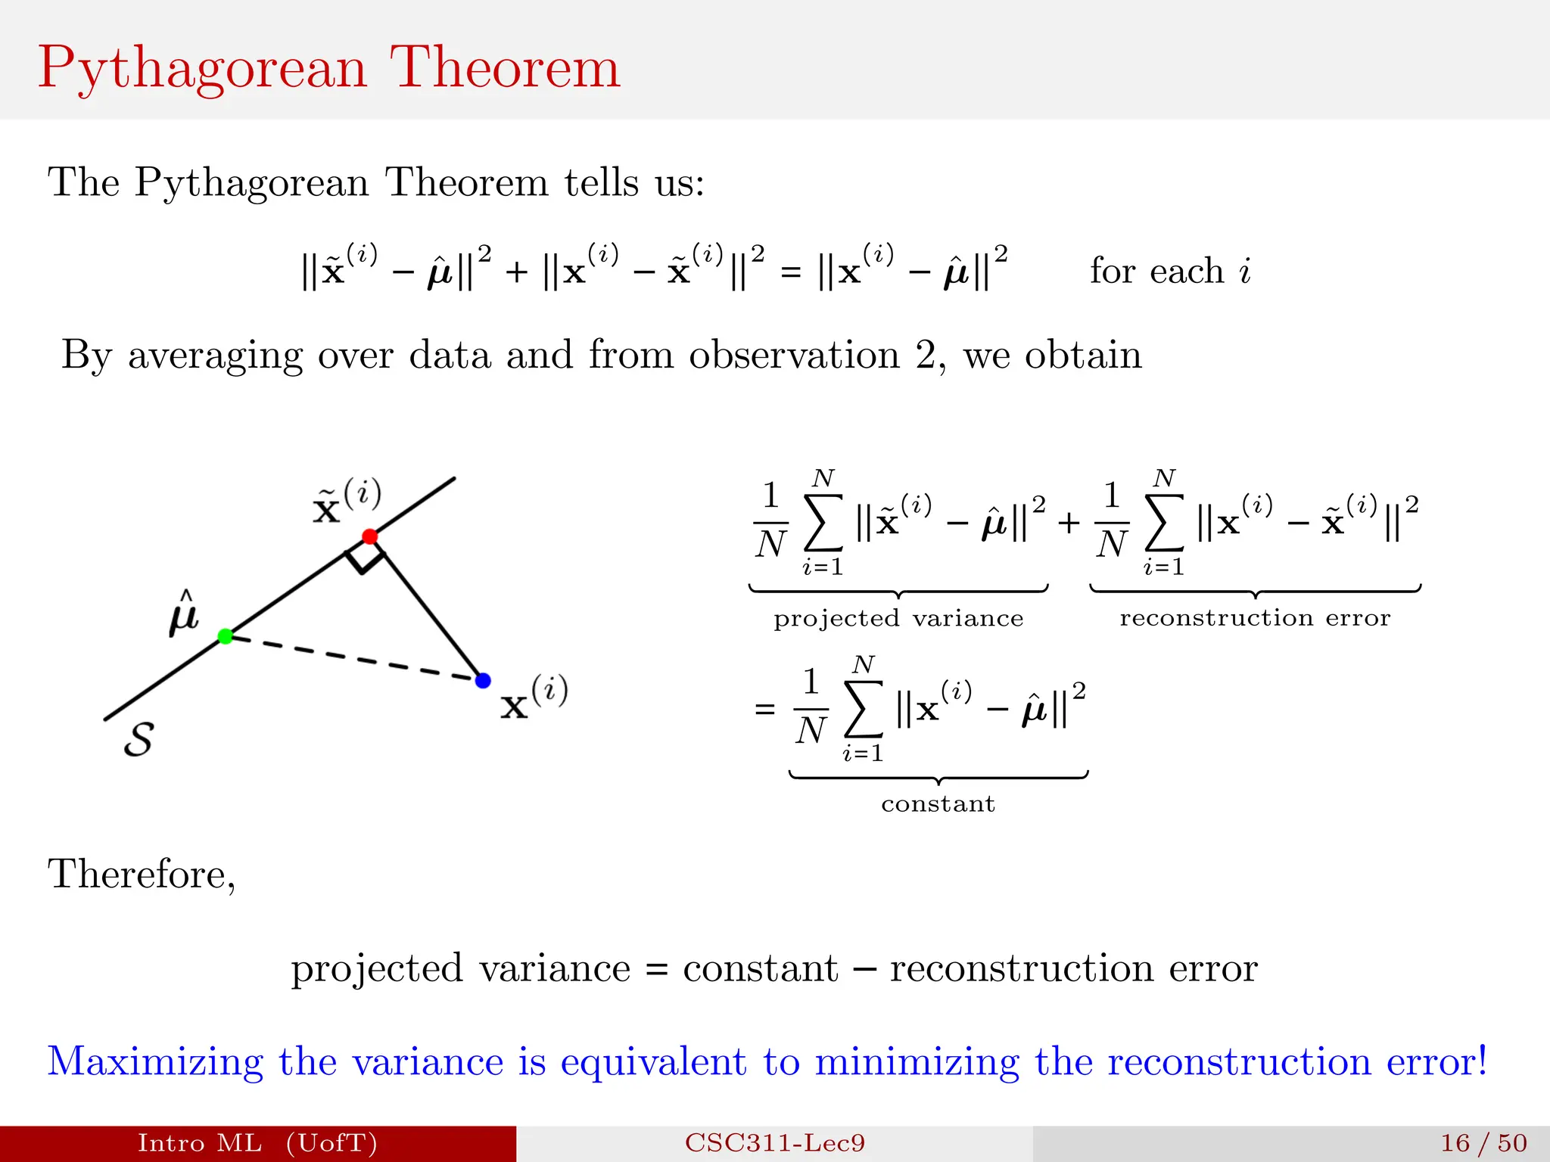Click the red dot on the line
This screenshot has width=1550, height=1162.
click(x=369, y=536)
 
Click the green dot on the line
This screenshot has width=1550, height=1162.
click(x=225, y=636)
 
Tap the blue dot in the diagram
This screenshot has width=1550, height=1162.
click(x=483, y=681)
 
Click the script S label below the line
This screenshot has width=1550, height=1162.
click(x=139, y=739)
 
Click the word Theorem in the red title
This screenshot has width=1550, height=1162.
click(x=505, y=68)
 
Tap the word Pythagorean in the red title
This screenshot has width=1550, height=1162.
click(x=203, y=68)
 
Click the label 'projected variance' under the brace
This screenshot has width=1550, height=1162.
click(x=898, y=619)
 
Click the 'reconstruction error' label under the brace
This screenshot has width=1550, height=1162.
click(x=1255, y=618)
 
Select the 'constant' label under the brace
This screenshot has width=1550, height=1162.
click(x=938, y=803)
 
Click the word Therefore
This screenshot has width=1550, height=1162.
click(x=142, y=875)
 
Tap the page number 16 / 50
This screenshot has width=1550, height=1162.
click(x=1483, y=1142)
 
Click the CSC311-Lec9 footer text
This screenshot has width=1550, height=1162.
click(x=774, y=1142)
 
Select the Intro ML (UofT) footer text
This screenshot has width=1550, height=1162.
click(x=257, y=1142)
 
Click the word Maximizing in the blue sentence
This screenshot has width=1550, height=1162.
click(x=155, y=1061)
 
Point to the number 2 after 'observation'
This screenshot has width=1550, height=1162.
click(x=926, y=355)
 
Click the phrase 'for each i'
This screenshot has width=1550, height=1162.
click(x=1170, y=271)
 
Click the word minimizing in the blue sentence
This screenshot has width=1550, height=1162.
click(x=917, y=1061)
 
